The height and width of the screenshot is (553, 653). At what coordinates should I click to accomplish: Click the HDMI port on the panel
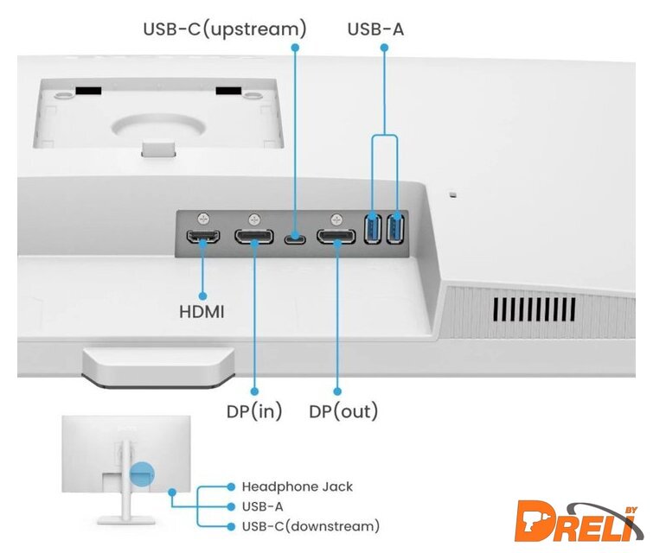point(204,237)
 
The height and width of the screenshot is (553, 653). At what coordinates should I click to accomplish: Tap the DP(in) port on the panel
point(255,237)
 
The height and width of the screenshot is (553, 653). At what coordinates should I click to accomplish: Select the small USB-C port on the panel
point(296,237)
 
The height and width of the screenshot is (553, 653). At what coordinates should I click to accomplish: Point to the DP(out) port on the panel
point(336,237)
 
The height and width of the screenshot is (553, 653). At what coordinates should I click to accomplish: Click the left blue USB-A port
point(374,230)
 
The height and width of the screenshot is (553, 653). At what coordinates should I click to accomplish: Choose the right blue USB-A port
point(396,230)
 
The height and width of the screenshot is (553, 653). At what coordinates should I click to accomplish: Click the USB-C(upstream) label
point(224,29)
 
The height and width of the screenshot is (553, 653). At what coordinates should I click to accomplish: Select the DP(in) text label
point(254,411)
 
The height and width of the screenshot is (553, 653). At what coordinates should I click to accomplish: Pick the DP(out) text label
point(343,411)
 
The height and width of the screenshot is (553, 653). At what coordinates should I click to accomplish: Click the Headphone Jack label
point(297,486)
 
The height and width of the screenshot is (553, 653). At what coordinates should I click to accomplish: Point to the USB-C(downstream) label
point(310,526)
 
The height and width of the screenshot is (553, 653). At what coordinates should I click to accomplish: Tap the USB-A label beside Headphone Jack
point(262,506)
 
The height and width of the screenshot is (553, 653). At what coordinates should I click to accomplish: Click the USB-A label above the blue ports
point(375,29)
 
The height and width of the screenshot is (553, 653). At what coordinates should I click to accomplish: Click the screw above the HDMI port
point(203,219)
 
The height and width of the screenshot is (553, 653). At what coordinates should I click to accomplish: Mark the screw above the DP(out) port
point(336,219)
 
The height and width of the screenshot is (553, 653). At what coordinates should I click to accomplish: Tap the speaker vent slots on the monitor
point(531,308)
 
